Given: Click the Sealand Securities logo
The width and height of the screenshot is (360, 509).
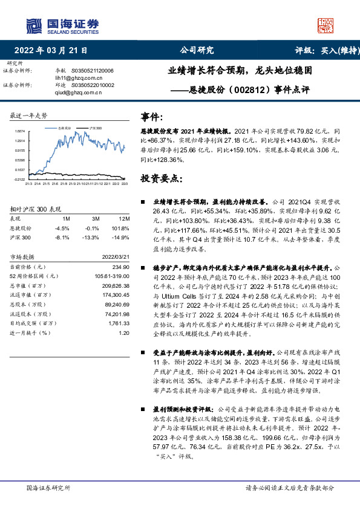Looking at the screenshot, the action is pyautogui.click(x=62, y=24).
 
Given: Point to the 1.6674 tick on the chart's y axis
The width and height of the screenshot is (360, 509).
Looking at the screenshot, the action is pyautogui.click(x=20, y=131).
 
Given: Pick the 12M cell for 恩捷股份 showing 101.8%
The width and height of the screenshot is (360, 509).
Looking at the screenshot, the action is pyautogui.click(x=123, y=229).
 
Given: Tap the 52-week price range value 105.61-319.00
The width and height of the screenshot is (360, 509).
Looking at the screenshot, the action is pyautogui.click(x=112, y=276).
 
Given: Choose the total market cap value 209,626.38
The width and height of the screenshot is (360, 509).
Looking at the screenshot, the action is pyautogui.click(x=117, y=285).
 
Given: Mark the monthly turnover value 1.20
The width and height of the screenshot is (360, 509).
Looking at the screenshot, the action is pyautogui.click(x=124, y=332).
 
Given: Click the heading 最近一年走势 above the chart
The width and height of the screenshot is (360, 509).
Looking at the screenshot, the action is pyautogui.click(x=29, y=115).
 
